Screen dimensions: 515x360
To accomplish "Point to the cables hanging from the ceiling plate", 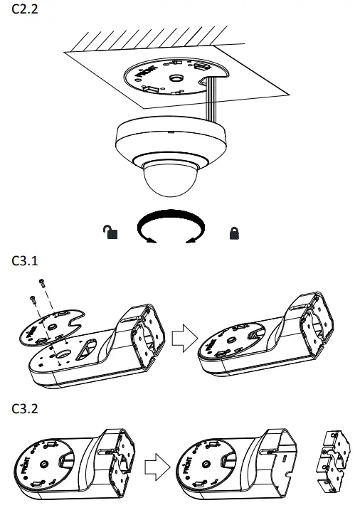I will pos(209,100).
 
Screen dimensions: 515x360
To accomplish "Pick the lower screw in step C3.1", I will pos(33,302).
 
